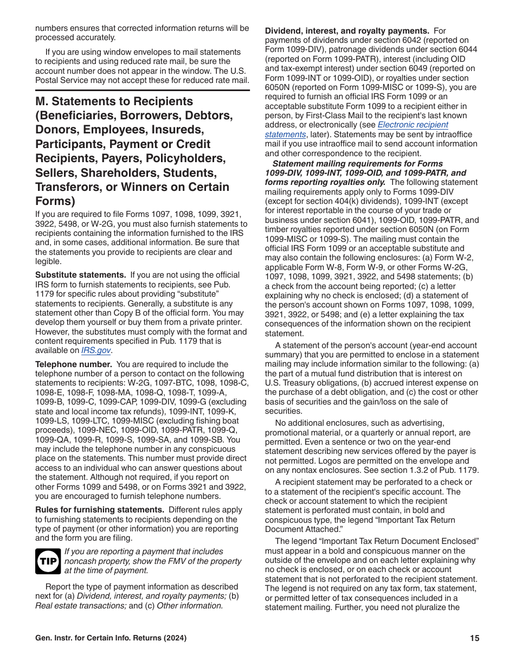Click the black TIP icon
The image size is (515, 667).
point(48,561)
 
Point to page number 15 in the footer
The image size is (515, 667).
point(474,638)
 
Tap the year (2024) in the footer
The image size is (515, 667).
point(175,638)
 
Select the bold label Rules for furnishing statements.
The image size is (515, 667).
point(100,510)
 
